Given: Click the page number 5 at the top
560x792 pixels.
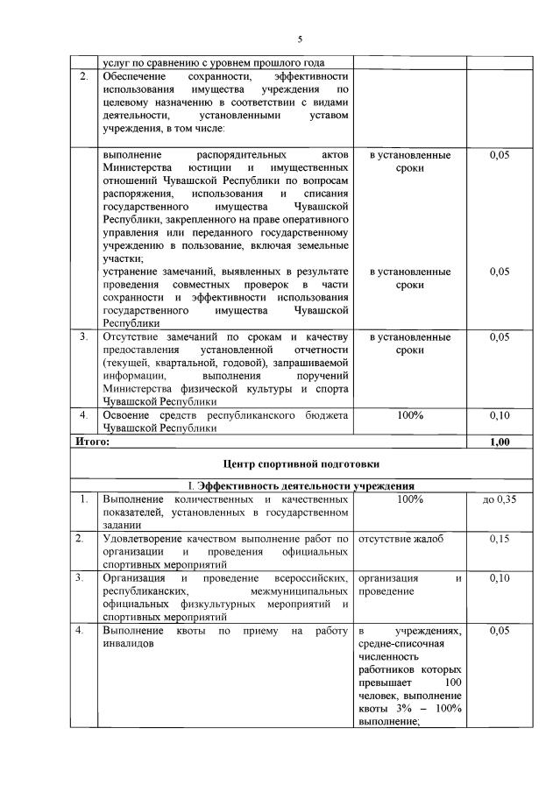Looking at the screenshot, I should click(x=299, y=39).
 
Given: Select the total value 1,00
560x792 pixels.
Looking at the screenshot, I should click(x=500, y=442).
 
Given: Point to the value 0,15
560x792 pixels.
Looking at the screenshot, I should click(x=500, y=539).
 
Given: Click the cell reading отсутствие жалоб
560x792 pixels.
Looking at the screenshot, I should click(x=401, y=539).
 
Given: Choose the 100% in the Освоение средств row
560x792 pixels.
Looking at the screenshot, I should click(x=410, y=414).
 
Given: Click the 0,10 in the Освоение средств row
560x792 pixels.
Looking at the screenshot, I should click(x=500, y=414).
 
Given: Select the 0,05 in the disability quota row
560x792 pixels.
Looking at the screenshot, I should click(x=500, y=631).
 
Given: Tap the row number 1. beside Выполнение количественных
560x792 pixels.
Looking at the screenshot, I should click(x=82, y=499).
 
